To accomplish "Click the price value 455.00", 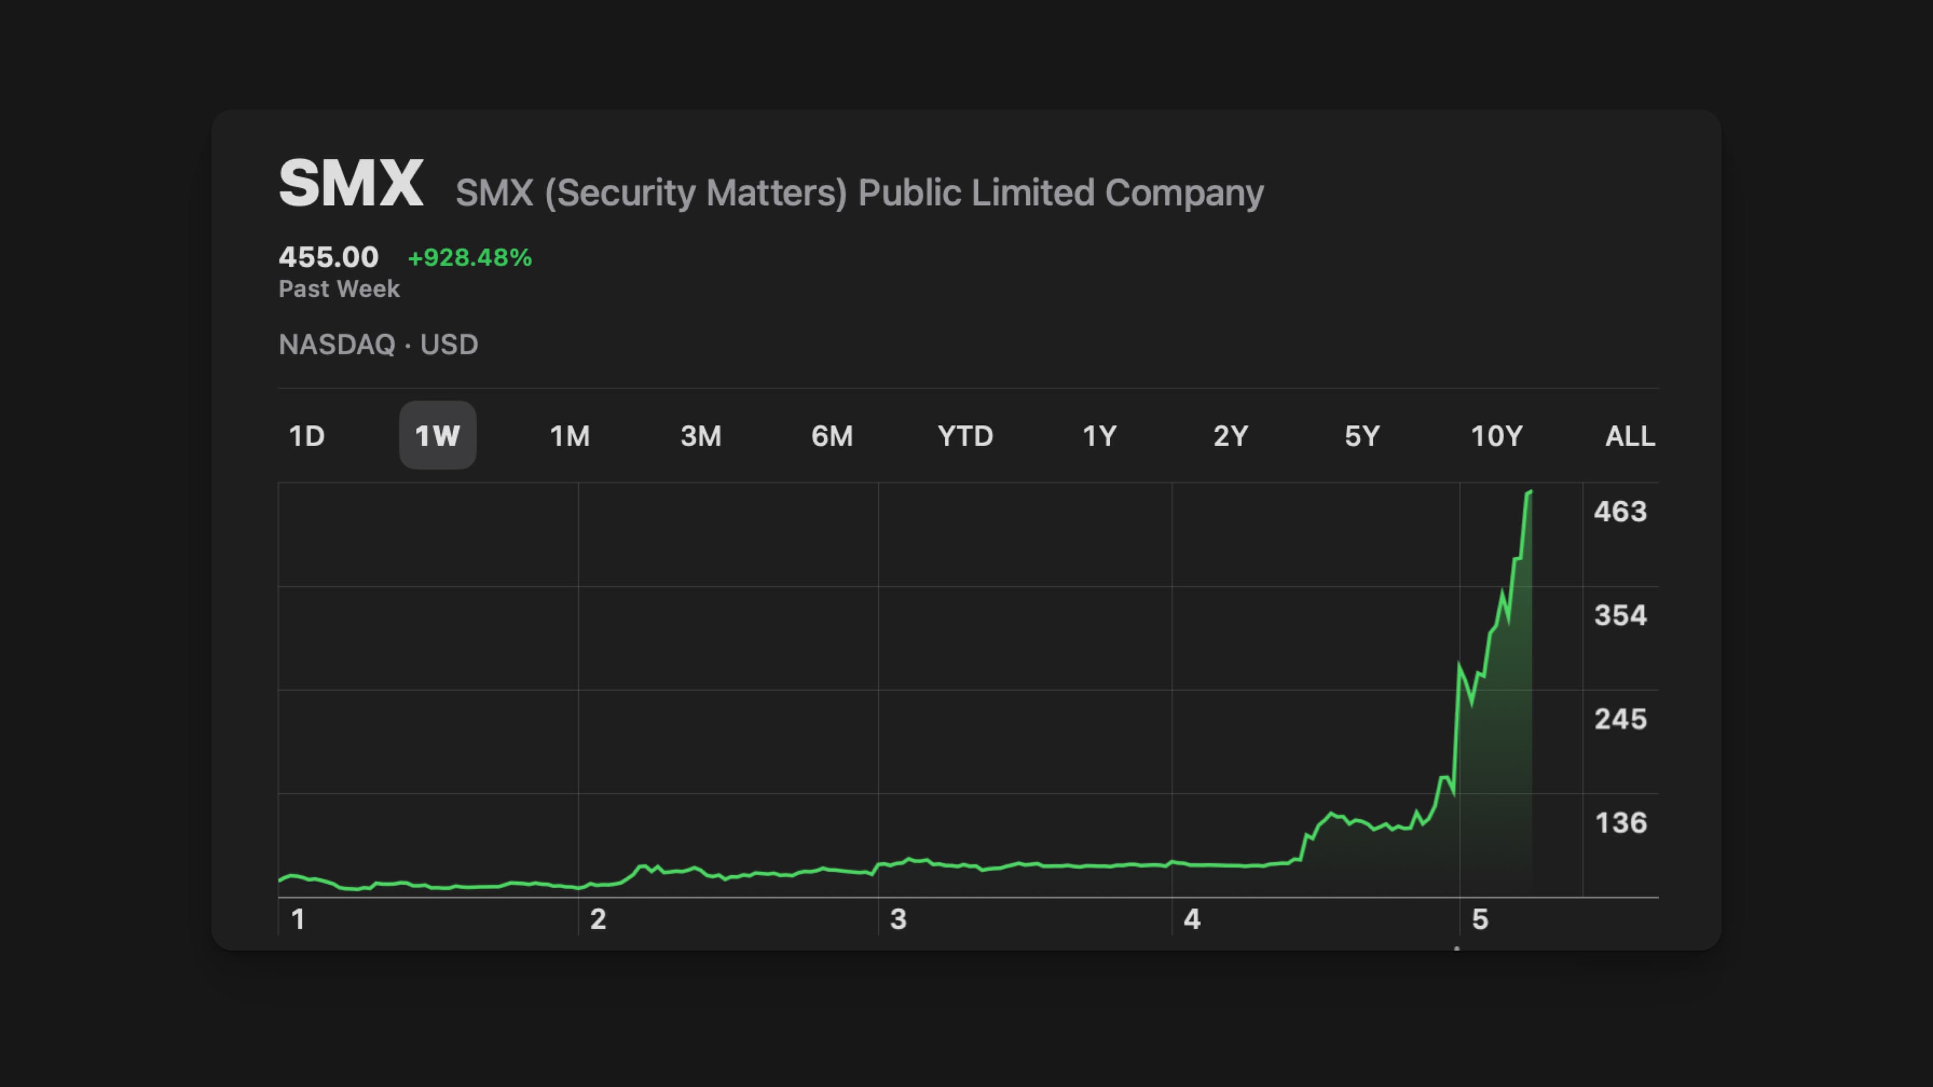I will (x=328, y=257).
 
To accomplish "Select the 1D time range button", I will (x=306, y=436).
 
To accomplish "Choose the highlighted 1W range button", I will (x=437, y=436).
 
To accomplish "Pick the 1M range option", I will (x=570, y=436).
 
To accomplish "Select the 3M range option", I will (x=700, y=436).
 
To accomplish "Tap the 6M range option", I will (x=832, y=436).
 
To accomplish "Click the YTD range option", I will (x=965, y=436).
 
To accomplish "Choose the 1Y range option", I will (x=1099, y=436).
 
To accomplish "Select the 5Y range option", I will (x=1361, y=436).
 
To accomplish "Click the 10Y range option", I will (x=1496, y=436).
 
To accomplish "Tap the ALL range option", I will (x=1630, y=436).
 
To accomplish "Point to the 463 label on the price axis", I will (x=1620, y=512).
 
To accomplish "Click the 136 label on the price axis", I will (x=1620, y=823).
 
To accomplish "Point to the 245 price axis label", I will (x=1620, y=719).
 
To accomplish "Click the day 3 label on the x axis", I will (x=897, y=919).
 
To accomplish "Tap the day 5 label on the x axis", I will (x=1479, y=919).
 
